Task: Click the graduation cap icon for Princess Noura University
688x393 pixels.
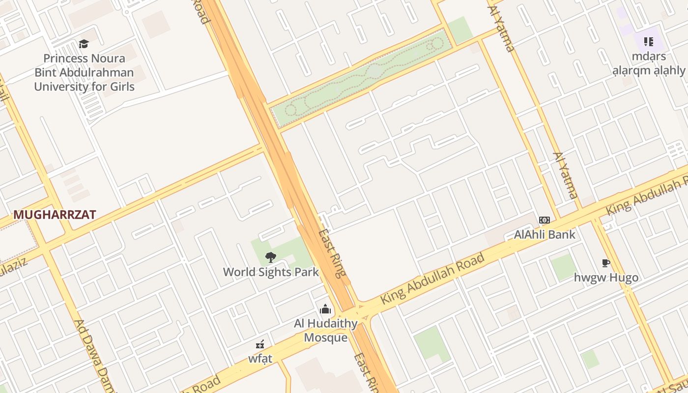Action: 84,44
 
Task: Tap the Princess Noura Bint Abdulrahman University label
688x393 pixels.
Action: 84,73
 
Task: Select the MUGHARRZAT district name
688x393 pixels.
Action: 55,215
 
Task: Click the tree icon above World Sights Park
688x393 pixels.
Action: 270,257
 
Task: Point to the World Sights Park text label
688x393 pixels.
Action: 271,272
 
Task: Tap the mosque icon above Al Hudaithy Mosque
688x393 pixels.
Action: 325,309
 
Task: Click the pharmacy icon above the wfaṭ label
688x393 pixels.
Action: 260,344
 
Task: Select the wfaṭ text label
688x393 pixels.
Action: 260,359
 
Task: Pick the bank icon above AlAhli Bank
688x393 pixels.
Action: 545,220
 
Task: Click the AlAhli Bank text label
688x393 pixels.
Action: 545,234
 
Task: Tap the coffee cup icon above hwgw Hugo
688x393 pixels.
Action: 606,263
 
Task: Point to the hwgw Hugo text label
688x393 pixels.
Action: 606,278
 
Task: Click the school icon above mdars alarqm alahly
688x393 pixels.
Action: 648,42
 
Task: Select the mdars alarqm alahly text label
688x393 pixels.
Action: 649,63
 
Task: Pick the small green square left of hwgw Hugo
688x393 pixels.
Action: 563,267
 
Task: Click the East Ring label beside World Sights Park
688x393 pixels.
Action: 333,253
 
